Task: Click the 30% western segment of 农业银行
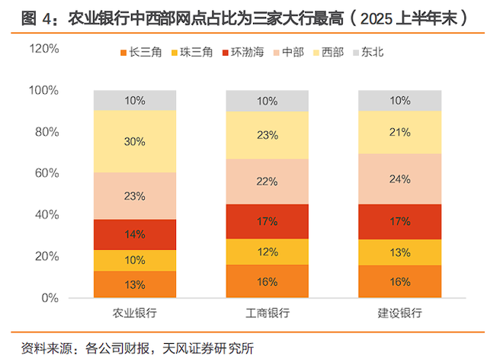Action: pyautogui.click(x=135, y=141)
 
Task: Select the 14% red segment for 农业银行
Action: pyautogui.click(x=135, y=235)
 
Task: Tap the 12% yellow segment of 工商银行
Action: pyautogui.click(x=268, y=252)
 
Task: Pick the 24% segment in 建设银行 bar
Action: pyautogui.click(x=400, y=179)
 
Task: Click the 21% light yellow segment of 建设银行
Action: pyautogui.click(x=400, y=133)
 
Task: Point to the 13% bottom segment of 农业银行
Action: pyautogui.click(x=135, y=284)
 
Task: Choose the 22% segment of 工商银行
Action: pyautogui.click(x=268, y=182)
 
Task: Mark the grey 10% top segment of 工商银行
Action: pyautogui.click(x=268, y=101)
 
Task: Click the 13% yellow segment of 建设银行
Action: pyautogui.click(x=400, y=252)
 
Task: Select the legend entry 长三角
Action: pyautogui.click(x=137, y=53)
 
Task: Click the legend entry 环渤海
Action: pyautogui.click(x=242, y=53)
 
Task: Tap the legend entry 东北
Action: pyautogui.click(x=368, y=53)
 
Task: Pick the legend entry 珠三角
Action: pyautogui.click(x=190, y=53)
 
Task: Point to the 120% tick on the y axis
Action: pyautogui.click(x=43, y=49)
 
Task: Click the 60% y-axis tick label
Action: pyautogui.click(x=46, y=173)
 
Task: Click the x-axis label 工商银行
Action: pyautogui.click(x=268, y=313)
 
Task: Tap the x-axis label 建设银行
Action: pyautogui.click(x=400, y=313)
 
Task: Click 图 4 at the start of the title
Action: pyautogui.click(x=27, y=17)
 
